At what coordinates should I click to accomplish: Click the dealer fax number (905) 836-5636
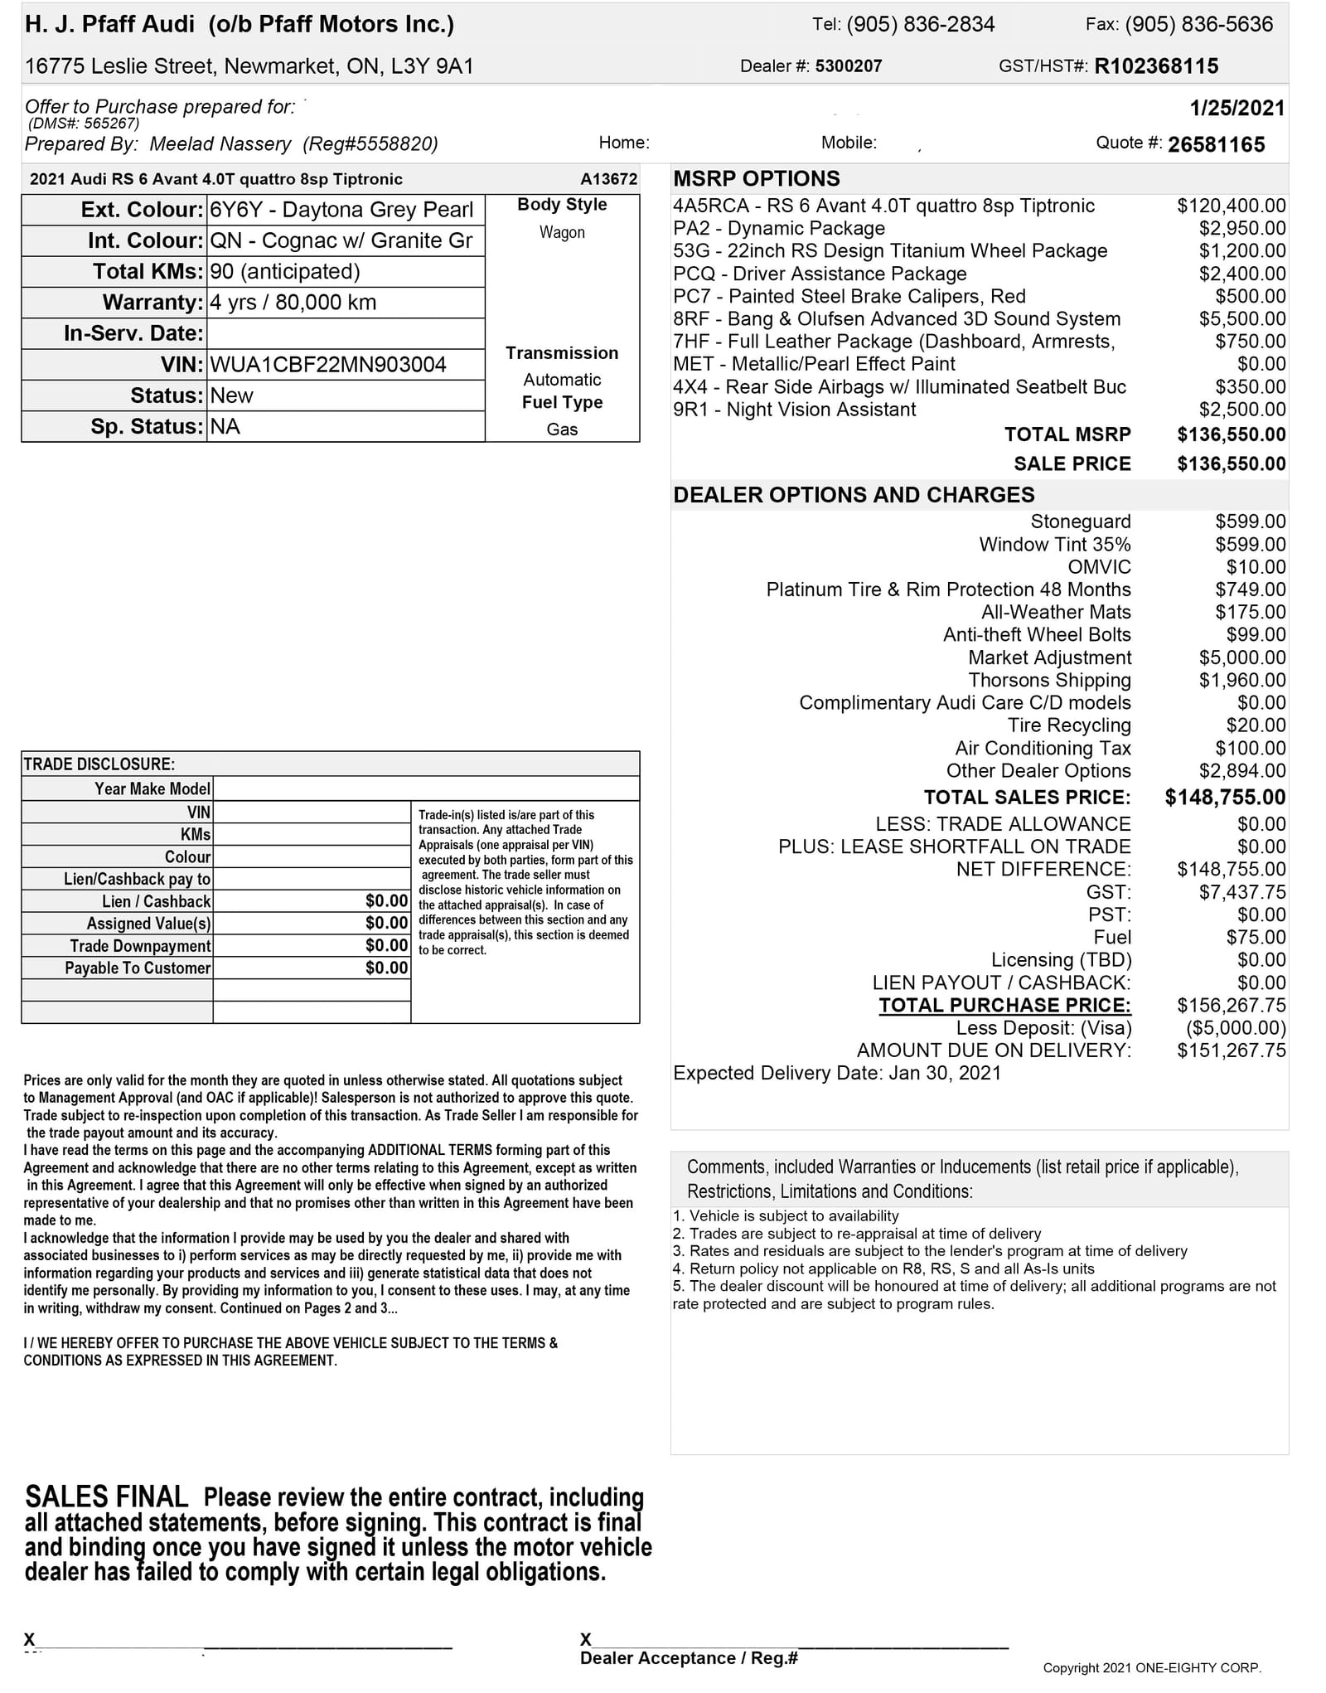(x=1198, y=24)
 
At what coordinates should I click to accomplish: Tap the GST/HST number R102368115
(x=1156, y=66)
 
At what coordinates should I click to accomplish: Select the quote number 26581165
(x=1216, y=145)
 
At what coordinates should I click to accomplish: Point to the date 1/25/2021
(x=1236, y=108)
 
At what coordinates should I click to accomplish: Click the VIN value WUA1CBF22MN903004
(x=328, y=365)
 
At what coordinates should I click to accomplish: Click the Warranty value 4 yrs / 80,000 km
(x=293, y=303)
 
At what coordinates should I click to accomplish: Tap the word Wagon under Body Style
(x=562, y=233)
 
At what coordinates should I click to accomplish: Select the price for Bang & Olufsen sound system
(x=1242, y=319)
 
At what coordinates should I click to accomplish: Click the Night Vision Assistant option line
(x=794, y=410)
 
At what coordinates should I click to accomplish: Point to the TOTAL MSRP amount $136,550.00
(x=1231, y=434)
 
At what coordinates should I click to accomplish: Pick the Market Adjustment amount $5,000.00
(x=1242, y=657)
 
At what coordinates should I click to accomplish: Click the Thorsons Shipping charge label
(x=1049, y=681)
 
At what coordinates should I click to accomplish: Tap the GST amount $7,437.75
(x=1242, y=892)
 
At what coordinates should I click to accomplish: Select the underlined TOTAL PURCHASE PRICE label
(x=1004, y=1006)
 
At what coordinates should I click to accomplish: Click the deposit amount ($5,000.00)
(x=1236, y=1028)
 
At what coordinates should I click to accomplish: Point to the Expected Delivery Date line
(x=837, y=1073)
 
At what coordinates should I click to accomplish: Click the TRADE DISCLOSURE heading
(x=99, y=764)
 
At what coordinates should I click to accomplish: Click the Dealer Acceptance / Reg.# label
(x=689, y=1658)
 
